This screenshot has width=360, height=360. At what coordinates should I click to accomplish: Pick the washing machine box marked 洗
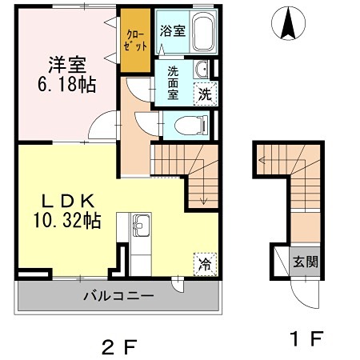pos(206,92)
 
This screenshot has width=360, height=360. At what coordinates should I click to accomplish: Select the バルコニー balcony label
pos(118,296)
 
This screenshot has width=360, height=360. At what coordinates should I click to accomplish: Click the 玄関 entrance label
pos(304,261)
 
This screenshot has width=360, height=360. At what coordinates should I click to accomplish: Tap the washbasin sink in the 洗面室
pos(202,69)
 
